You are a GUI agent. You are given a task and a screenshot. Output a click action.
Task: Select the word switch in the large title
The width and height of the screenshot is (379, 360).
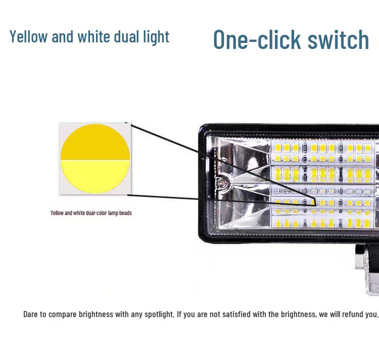click(x=338, y=39)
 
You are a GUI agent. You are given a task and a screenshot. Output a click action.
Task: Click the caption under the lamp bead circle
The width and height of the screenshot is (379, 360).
click(x=91, y=213)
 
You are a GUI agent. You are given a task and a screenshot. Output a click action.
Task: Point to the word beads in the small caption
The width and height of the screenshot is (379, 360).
click(x=125, y=213)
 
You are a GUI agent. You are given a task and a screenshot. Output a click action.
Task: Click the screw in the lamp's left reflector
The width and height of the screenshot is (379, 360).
click(x=222, y=180)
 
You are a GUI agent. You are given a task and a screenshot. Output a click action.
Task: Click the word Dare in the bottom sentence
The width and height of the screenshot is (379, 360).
click(x=31, y=314)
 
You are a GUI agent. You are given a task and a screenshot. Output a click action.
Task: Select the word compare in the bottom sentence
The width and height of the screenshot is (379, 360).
click(x=64, y=314)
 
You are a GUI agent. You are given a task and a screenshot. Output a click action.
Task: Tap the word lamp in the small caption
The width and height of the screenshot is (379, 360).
click(x=112, y=213)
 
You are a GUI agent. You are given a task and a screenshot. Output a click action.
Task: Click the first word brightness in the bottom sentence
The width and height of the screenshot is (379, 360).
click(x=96, y=314)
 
